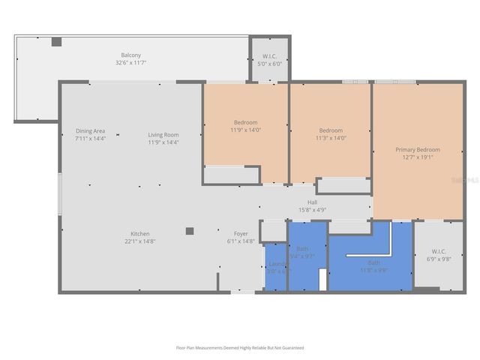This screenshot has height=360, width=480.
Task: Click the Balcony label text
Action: tap(132, 55)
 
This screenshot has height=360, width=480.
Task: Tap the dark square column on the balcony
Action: tap(56, 42)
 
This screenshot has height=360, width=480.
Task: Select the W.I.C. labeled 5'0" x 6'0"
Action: tap(270, 60)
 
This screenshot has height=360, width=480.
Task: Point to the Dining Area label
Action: tap(90, 134)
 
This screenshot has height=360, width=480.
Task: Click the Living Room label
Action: tap(163, 134)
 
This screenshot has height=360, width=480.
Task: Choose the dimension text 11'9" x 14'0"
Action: tap(245, 130)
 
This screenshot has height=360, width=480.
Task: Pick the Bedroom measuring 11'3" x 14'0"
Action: tap(330, 133)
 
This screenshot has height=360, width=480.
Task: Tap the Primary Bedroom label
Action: tap(418, 150)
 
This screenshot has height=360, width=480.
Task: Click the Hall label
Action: tap(313, 202)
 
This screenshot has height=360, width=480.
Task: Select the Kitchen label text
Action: tap(141, 233)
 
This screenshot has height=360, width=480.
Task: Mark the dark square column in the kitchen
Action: tap(190, 231)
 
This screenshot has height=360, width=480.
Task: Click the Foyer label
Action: tap(241, 233)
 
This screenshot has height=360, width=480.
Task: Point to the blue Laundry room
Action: tap(275, 266)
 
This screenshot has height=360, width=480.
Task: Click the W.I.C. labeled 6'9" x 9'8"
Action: tap(439, 255)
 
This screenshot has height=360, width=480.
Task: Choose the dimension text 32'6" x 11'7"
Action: tap(132, 63)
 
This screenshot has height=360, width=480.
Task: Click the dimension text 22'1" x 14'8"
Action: tap(141, 241)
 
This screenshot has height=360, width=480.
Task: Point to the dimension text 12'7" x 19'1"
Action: tap(418, 157)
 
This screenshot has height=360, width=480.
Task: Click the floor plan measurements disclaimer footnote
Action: tap(239, 348)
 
